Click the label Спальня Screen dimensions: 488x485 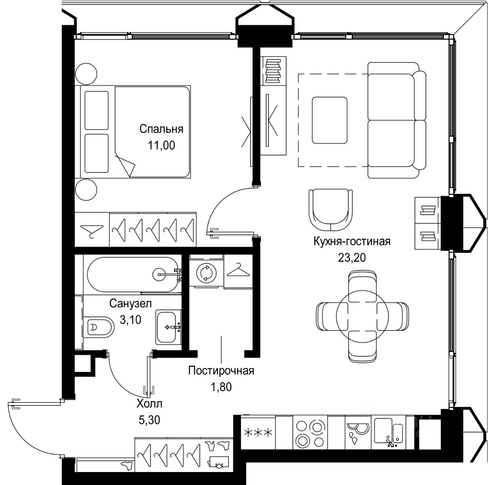[161, 129]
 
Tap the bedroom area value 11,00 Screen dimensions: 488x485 [161, 145]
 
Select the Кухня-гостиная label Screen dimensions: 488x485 [352, 241]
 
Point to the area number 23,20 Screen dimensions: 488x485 [352, 258]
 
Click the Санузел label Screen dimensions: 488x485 [130, 303]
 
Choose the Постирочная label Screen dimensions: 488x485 [221, 371]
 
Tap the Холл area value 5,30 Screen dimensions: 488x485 [149, 420]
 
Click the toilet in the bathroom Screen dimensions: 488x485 [99, 327]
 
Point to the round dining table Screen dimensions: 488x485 [362, 316]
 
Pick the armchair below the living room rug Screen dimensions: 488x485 [331, 210]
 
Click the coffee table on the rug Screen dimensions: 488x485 [329, 120]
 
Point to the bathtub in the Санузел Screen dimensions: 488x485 [133, 274]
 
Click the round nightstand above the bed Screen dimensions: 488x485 [86, 73]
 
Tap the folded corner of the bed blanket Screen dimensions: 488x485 [126, 164]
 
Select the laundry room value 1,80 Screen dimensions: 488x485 [222, 387]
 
